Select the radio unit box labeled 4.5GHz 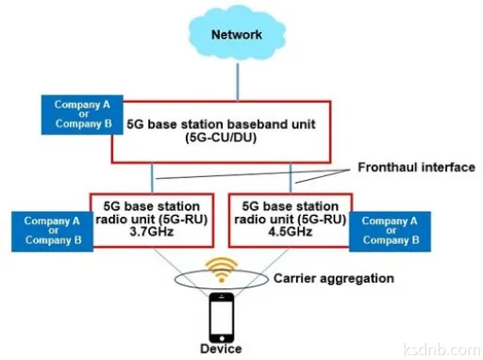pyautogui.click(x=289, y=222)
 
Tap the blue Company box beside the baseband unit pyautogui.click(x=77, y=113)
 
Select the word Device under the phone pyautogui.click(x=221, y=349)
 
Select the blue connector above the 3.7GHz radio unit pyautogui.click(x=153, y=176)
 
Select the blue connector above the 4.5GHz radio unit pyautogui.click(x=289, y=176)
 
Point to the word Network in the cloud pyautogui.click(x=235, y=35)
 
